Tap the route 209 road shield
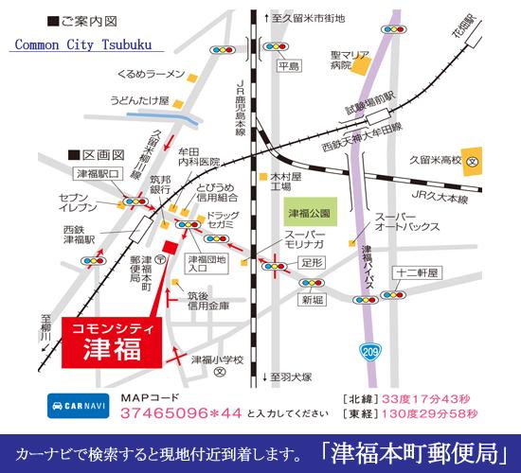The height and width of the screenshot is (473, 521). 370,352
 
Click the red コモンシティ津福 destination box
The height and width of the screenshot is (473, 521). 113,340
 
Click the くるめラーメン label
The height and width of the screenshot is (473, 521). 147,73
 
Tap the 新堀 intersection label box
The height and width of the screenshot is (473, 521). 314,299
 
